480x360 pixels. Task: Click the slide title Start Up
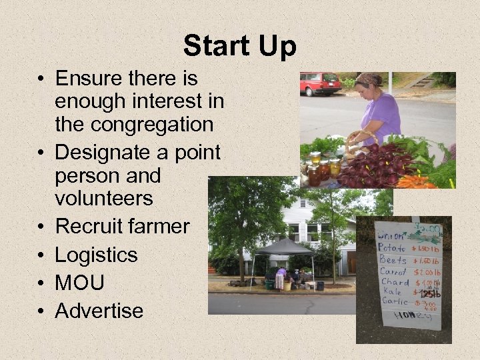239,47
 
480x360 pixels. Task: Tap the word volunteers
104,198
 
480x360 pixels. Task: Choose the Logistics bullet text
97,255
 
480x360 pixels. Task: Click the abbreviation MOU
80,283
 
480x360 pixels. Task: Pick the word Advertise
99,311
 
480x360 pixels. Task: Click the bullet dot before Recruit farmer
41,227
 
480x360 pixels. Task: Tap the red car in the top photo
320,83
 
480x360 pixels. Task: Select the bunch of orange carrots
415,181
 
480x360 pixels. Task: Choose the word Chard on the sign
395,282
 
